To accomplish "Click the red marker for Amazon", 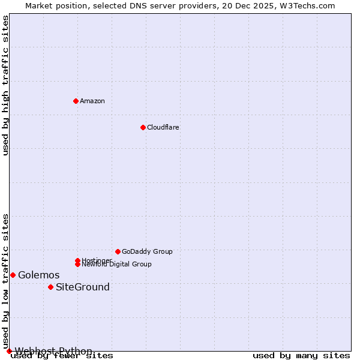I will pos(76,101).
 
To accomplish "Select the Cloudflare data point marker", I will pos(143,127).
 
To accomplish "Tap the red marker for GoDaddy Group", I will pos(118,251).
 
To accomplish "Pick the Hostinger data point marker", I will pos(77,260).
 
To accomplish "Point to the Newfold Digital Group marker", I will pos(77,264).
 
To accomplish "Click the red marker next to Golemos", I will pos(13,275).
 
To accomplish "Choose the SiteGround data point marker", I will pos(50,287).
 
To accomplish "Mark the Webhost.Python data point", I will pos(9,351).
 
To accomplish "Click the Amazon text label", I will pos(92,101).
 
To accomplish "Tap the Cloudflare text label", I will pos(163,127).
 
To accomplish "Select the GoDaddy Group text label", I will pos(147,251).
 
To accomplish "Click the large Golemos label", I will pos(39,275).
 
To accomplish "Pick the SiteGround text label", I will pos(83,287).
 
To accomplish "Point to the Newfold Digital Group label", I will pos(116,265).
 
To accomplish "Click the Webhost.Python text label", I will pos(53,351).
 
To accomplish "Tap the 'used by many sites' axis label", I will pos(301,356).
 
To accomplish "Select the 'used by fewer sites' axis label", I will pos(62,356).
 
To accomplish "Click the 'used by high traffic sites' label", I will pos(6,85).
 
